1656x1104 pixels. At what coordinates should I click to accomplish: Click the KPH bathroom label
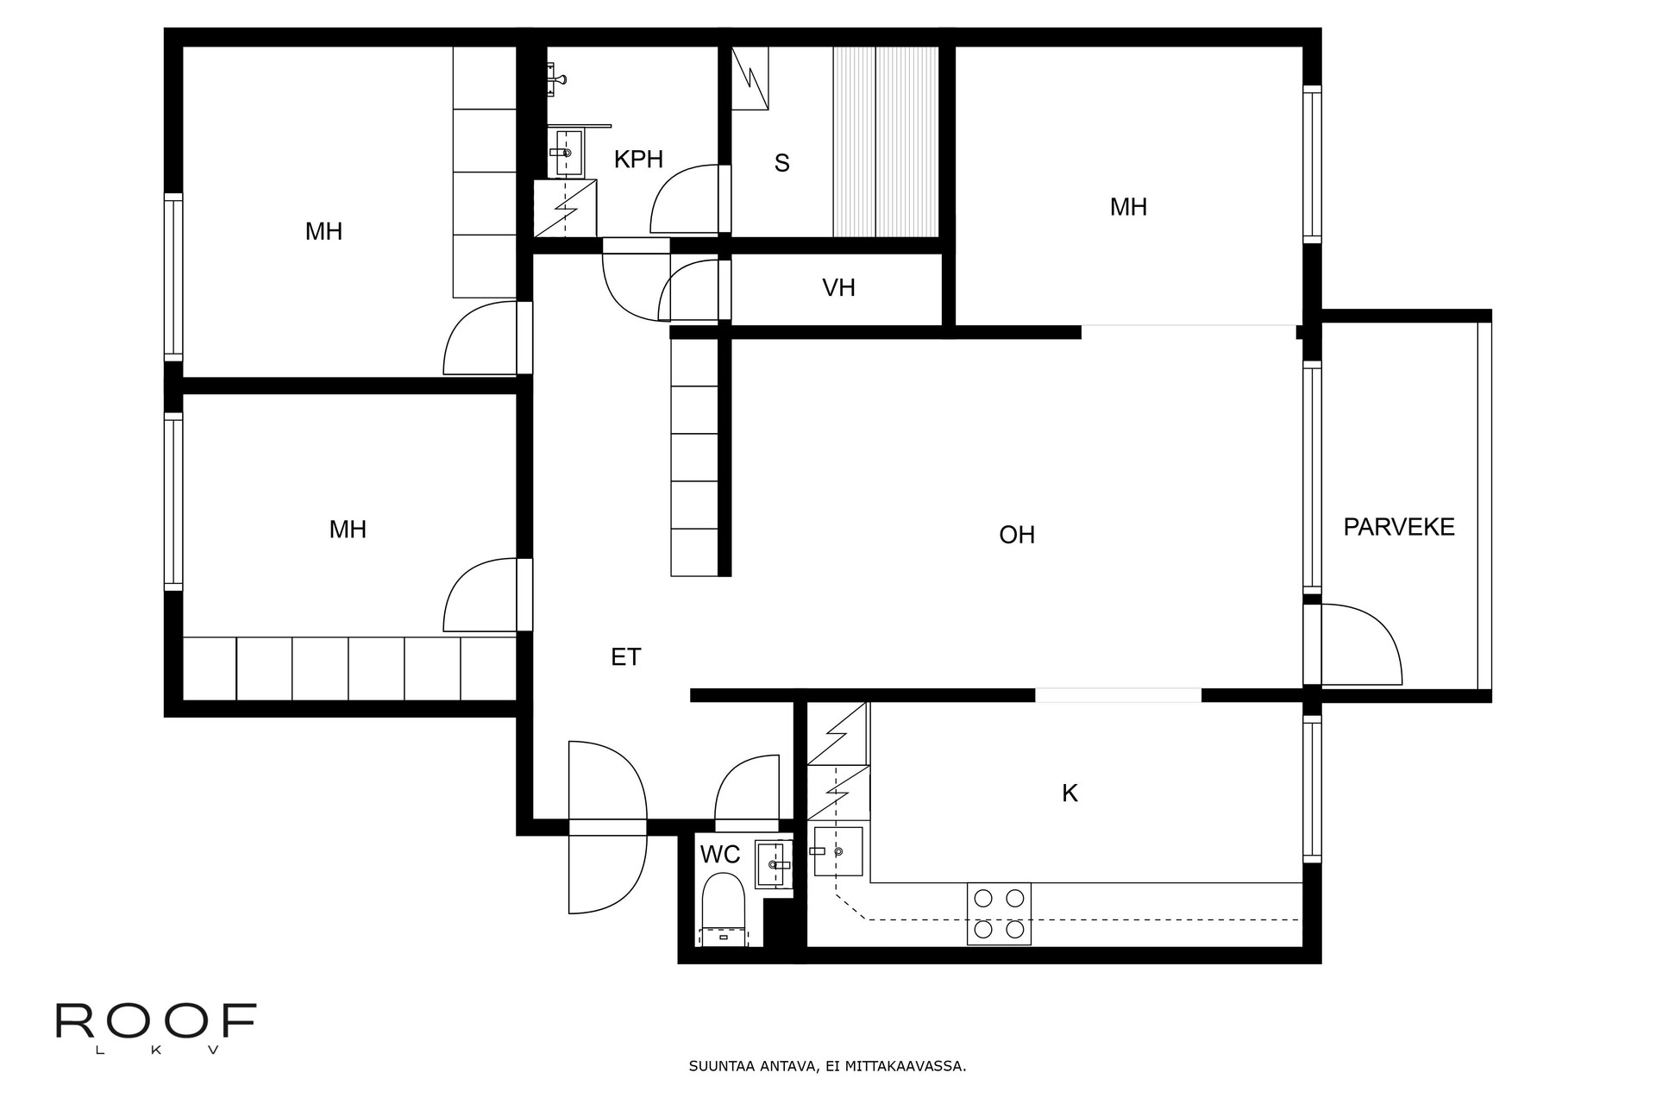pyautogui.click(x=638, y=160)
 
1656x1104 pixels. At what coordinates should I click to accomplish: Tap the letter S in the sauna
pyautogui.click(x=782, y=163)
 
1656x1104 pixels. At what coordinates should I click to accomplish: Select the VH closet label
pyautogui.click(x=838, y=287)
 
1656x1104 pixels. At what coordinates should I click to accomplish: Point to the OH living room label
pyautogui.click(x=1017, y=535)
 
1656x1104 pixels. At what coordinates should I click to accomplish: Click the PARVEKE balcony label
pyautogui.click(x=1399, y=527)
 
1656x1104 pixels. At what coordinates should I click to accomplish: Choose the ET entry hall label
pyautogui.click(x=626, y=657)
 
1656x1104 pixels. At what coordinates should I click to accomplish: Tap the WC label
pyautogui.click(x=720, y=855)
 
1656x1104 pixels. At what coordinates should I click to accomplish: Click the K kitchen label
pyautogui.click(x=1069, y=793)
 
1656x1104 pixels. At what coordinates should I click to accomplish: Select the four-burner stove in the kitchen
pyautogui.click(x=999, y=913)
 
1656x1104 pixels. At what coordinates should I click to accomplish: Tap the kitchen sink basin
pyautogui.click(x=838, y=851)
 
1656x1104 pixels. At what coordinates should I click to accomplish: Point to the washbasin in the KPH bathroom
pyautogui.click(x=569, y=153)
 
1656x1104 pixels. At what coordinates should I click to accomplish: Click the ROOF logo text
pyautogui.click(x=156, y=1021)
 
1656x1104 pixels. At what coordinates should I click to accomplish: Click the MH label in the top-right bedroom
pyautogui.click(x=1128, y=207)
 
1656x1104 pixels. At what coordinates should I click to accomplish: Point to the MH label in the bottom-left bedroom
pyautogui.click(x=348, y=530)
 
